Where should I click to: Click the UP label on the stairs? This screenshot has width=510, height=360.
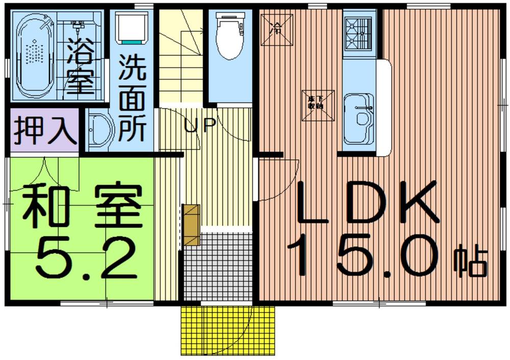(x=198, y=125)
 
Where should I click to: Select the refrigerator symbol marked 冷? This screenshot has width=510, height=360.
(x=277, y=27)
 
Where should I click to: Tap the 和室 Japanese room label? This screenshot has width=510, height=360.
(x=81, y=206)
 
